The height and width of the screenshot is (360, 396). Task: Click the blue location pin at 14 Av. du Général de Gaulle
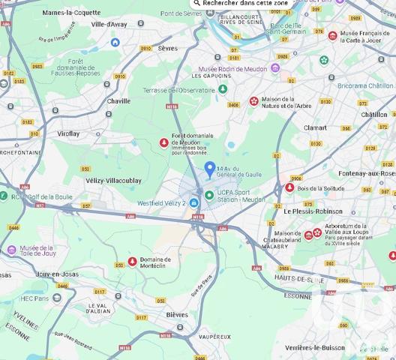coord(210,168)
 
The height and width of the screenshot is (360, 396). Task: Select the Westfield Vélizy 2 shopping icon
coord(194,202)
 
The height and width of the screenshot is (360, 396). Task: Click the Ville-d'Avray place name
coord(109,24)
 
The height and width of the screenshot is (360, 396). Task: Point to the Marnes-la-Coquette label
coord(71,13)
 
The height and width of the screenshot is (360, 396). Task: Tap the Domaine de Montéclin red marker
coord(132,261)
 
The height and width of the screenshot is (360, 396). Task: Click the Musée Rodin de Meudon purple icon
coord(275,67)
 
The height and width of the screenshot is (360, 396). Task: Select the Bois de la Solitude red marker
coord(289,187)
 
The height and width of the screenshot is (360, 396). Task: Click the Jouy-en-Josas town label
coord(58,275)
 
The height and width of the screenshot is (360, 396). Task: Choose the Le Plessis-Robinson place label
coord(313,211)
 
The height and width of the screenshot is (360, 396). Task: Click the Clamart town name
coord(315,127)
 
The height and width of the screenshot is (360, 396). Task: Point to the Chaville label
coord(118,100)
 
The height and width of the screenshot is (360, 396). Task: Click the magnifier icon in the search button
coord(197,3)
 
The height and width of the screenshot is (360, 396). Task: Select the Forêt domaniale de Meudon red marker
coord(164,142)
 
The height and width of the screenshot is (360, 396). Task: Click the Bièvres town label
coord(177,314)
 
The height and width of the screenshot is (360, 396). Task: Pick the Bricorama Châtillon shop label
coord(365,85)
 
